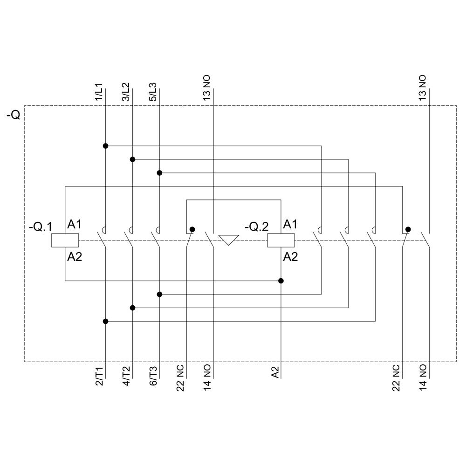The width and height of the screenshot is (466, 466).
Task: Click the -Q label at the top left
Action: point(13,115)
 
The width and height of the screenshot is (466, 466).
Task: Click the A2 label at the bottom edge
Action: point(275,373)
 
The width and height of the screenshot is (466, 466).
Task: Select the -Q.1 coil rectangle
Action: point(65,240)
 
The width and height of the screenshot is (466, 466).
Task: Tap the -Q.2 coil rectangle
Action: point(281,240)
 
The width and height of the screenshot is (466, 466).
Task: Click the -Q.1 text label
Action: point(41,227)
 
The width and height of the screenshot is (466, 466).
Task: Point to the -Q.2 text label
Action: point(257,227)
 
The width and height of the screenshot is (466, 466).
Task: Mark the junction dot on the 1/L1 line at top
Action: point(105,146)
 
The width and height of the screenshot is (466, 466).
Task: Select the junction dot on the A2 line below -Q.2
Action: point(281,281)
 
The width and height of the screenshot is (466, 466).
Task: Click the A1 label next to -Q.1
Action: point(75,225)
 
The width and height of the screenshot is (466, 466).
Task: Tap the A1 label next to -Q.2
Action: point(290,225)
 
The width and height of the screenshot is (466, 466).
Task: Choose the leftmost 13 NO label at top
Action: point(207,88)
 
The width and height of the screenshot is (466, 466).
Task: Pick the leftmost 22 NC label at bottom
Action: point(180,377)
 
